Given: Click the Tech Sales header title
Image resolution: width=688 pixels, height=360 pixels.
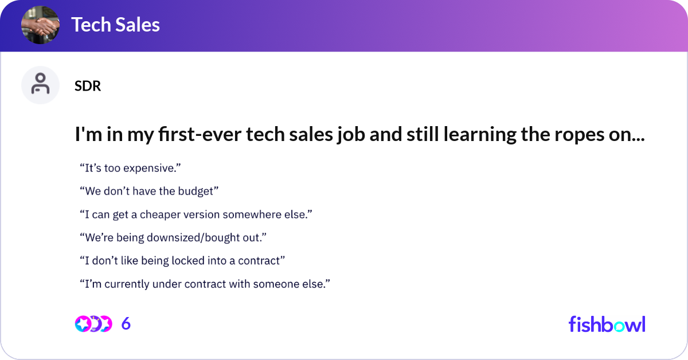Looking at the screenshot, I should pos(115,25).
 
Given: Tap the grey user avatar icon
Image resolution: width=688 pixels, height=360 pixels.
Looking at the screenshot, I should pos(40,85).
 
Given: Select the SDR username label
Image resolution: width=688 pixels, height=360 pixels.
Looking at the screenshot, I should pos(88,86).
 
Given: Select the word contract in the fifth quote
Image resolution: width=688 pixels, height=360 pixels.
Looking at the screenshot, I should pos(259,261).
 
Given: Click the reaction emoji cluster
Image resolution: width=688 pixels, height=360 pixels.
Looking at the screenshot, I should pos(93,324).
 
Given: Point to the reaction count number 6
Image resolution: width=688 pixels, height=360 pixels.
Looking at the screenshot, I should pos(126,324).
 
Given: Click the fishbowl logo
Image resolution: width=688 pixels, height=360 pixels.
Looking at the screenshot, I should pos(607,324).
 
